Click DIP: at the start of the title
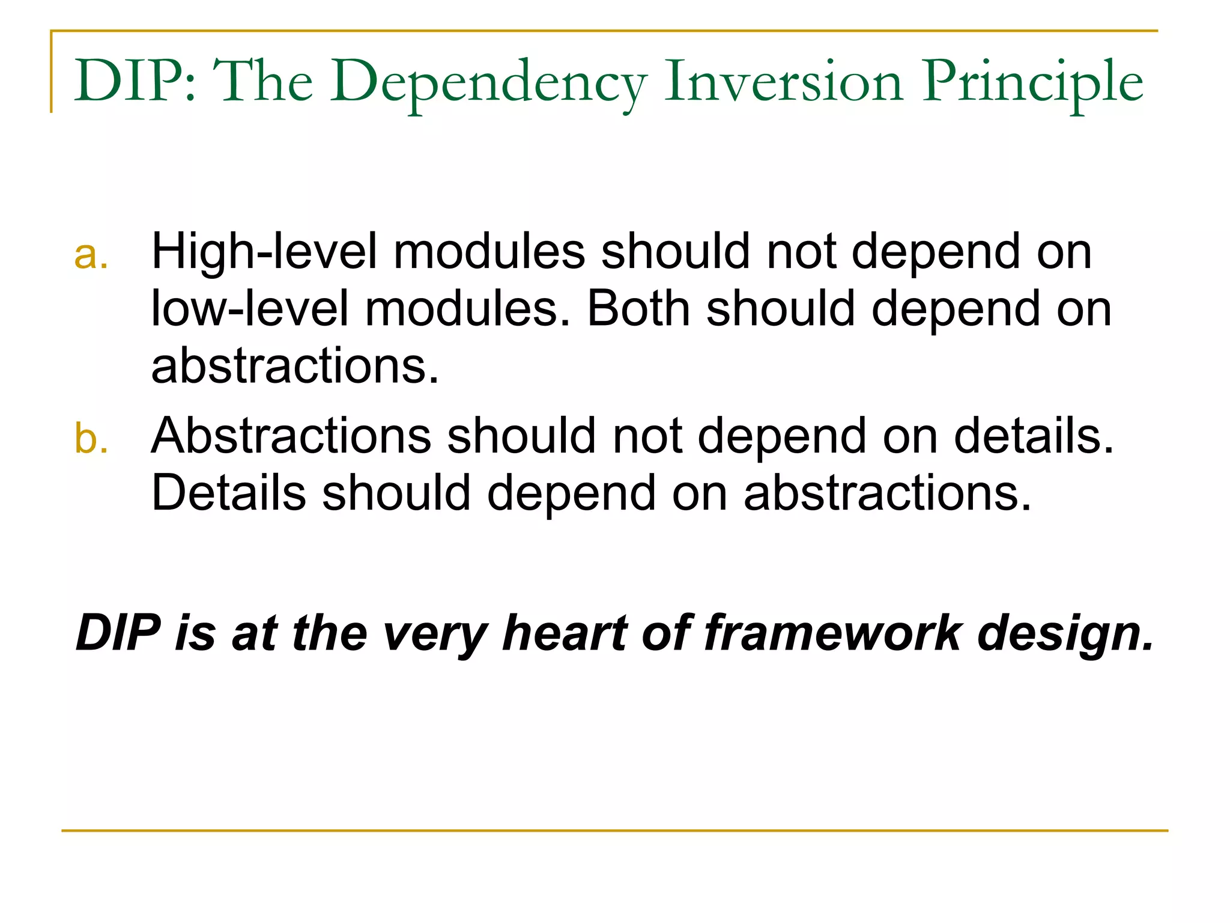tap(135, 81)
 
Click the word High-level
tap(264, 251)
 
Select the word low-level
tap(249, 309)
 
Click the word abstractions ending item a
tap(295, 366)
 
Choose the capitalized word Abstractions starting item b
tap(291, 435)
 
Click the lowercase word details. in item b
tap(1034, 435)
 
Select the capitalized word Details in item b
tap(228, 493)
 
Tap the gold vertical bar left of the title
tap(52, 72)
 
